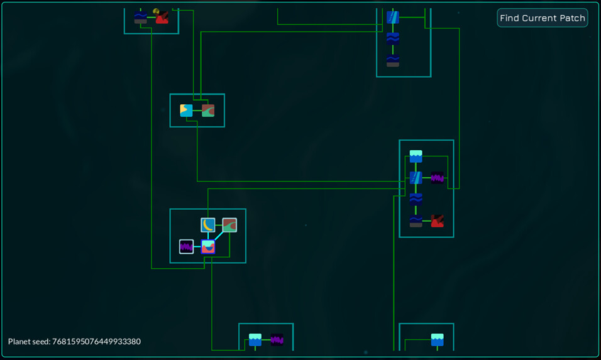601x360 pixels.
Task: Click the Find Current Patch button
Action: point(543,18)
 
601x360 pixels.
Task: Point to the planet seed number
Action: point(96,341)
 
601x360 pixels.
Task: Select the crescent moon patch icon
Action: point(207,225)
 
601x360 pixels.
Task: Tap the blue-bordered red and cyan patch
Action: point(207,247)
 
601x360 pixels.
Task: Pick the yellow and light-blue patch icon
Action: point(186,111)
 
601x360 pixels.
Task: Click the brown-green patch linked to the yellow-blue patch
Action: point(208,111)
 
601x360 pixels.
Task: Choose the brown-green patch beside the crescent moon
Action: point(229,225)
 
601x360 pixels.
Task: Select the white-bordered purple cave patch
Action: point(186,247)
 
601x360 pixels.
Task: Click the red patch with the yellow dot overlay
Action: point(162,17)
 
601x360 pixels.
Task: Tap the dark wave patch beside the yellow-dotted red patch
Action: point(141,17)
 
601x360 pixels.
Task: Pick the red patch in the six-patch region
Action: point(438,221)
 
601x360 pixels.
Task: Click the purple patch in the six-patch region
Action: point(438,178)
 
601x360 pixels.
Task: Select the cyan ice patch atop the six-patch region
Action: point(416,156)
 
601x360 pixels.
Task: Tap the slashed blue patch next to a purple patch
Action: point(416,178)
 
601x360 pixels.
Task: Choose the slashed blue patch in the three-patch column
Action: point(393,17)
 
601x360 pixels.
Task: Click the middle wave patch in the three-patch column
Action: point(393,39)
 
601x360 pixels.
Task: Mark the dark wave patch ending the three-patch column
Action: point(393,60)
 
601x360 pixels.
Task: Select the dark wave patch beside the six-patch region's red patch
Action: point(416,221)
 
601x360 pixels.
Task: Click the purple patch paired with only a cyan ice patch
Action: point(277,340)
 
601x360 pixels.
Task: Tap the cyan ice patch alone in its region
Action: point(438,340)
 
